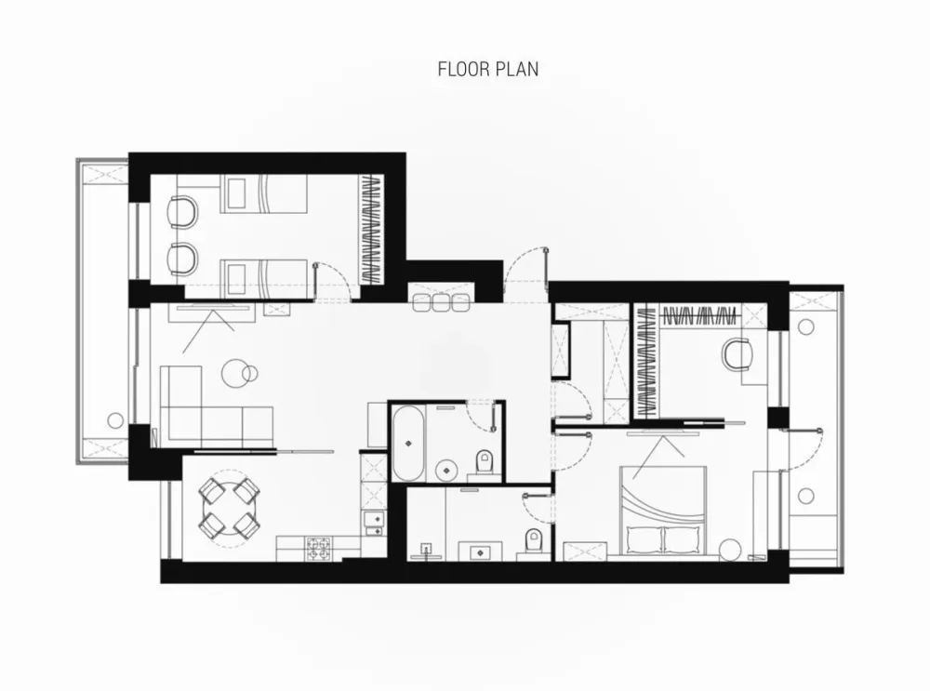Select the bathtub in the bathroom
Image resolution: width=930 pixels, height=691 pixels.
click(408, 443)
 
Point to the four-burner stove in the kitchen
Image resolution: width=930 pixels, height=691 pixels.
click(320, 549)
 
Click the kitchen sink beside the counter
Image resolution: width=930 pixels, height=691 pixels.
click(373, 524)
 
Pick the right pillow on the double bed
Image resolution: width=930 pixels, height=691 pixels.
click(683, 539)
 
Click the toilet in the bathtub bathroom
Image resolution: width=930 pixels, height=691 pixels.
click(484, 462)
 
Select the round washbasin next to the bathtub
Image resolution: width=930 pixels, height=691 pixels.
click(446, 471)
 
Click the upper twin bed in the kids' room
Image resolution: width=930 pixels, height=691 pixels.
click(264, 193)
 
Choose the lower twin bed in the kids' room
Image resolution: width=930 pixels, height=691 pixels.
click(264, 279)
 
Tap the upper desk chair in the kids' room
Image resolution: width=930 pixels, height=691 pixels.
click(182, 212)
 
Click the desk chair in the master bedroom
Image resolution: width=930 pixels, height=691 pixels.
click(737, 353)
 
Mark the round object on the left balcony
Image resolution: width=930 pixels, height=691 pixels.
click(115, 420)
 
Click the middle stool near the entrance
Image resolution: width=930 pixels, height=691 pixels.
click(441, 302)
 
